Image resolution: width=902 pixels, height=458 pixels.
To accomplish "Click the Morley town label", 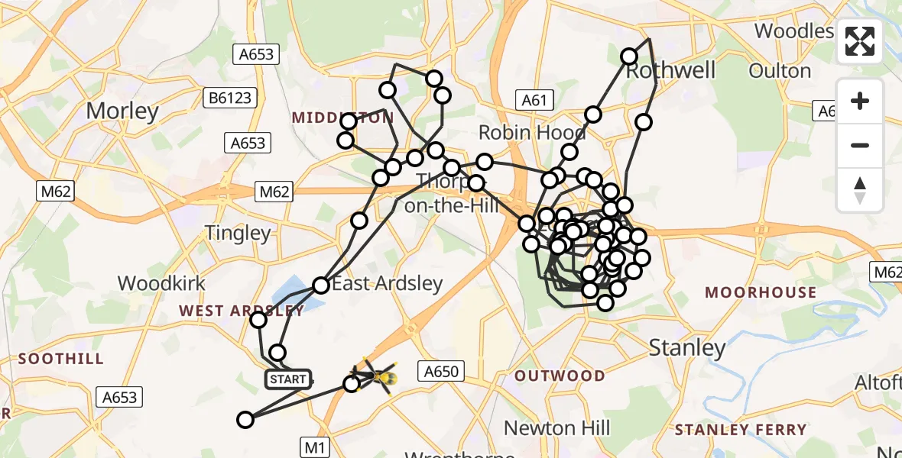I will click(x=122, y=111).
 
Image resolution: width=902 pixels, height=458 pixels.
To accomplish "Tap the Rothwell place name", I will click(x=660, y=70).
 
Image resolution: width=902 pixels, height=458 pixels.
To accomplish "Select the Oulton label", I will click(x=780, y=71).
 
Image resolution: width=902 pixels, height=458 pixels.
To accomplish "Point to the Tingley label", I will click(x=238, y=233).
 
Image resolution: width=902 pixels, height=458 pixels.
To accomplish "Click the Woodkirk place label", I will click(x=161, y=283).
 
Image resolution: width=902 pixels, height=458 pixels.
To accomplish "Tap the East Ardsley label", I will click(x=387, y=284).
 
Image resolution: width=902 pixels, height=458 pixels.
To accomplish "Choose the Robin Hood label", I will click(x=533, y=132).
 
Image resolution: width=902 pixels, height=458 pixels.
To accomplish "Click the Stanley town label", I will click(x=686, y=349).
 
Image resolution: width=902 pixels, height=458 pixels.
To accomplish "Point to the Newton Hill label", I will click(x=557, y=427).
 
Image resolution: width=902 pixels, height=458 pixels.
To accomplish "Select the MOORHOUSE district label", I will click(x=761, y=292).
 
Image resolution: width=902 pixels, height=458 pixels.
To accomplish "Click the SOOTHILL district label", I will click(x=60, y=359).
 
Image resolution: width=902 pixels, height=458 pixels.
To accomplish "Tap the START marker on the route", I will click(x=288, y=379).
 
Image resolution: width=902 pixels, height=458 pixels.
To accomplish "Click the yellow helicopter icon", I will click(x=375, y=376).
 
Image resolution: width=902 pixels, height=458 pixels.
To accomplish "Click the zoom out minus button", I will click(x=860, y=145).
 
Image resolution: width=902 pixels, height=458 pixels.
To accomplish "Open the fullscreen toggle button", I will click(x=860, y=41).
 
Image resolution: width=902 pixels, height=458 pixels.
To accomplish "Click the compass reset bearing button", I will click(x=860, y=190).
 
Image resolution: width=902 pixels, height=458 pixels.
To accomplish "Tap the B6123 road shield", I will click(x=229, y=98).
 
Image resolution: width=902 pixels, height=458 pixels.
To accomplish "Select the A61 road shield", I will click(x=534, y=99).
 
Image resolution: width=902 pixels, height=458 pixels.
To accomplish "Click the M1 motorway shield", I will click(x=314, y=447).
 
